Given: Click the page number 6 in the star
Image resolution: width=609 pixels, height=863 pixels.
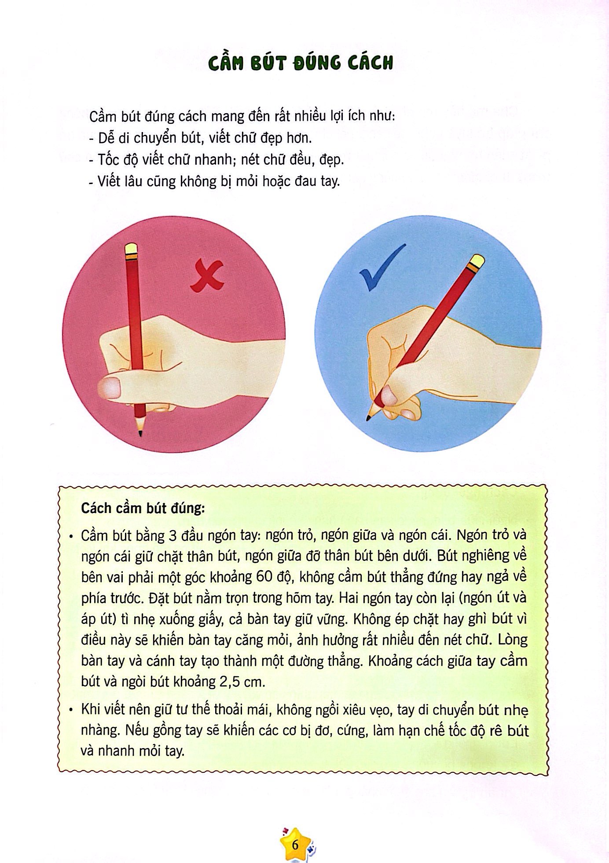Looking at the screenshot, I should [x=295, y=845].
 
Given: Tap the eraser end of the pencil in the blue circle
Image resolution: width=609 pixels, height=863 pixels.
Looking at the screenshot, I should [x=477, y=262].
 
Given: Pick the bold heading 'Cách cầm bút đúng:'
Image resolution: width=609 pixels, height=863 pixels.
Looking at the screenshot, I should [x=143, y=509].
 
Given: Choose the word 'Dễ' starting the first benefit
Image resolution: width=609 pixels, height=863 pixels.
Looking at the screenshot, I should [x=106, y=138].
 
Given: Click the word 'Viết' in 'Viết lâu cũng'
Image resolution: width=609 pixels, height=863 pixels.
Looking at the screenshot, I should [x=108, y=181].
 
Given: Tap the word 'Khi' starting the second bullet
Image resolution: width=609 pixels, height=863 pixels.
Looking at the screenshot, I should [x=91, y=709].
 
